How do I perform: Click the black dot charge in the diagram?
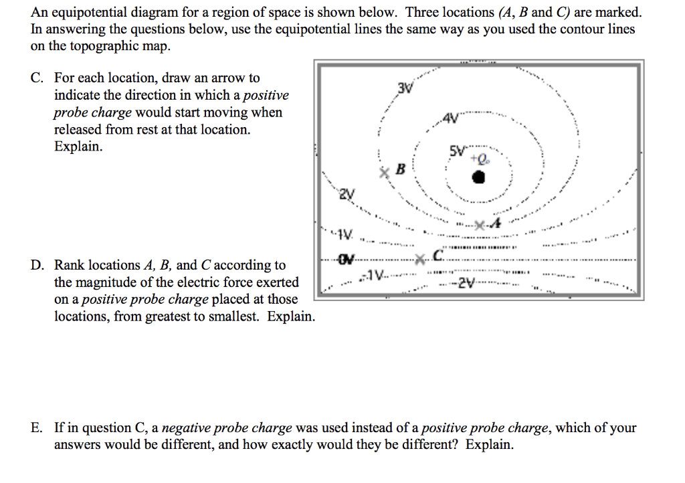(478, 177)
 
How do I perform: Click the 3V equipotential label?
(404, 89)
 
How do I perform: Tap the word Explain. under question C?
(79, 147)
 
